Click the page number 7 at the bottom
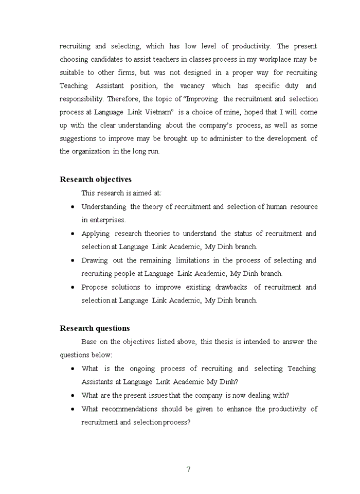coord(188,469)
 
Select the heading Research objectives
coord(96,179)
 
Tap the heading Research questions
coord(95,328)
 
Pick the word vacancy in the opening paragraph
coord(193,85)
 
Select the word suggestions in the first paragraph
coord(79,138)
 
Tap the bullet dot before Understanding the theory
coord(72,207)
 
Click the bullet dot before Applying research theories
coord(72,234)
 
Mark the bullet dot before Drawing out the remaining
coord(72,260)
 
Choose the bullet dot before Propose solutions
coord(72,287)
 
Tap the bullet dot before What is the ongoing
coord(72,368)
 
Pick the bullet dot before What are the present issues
coord(72,395)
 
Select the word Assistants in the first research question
coord(98,382)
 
